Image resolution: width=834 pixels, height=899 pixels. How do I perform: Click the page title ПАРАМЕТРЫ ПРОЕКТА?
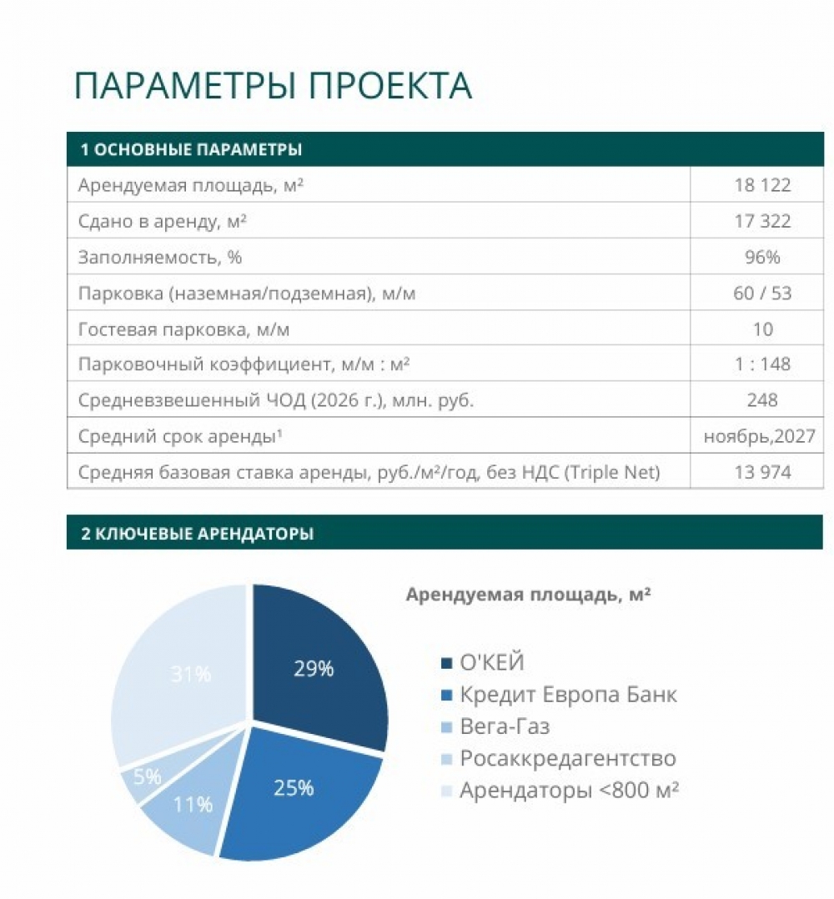tap(273, 87)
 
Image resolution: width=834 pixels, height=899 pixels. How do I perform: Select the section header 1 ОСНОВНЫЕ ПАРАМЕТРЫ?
tap(191, 150)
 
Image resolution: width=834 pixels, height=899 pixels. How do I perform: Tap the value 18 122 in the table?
tap(762, 185)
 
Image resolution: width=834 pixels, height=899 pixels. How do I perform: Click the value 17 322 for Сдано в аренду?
tap(762, 221)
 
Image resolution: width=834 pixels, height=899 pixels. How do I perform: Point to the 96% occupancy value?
tap(762, 257)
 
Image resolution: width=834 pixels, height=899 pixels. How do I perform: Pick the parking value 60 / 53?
tap(762, 293)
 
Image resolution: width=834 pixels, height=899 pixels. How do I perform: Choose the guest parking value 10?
tap(762, 329)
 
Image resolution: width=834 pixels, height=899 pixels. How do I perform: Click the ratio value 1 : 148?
tap(762, 364)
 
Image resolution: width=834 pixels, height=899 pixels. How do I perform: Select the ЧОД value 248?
tap(762, 400)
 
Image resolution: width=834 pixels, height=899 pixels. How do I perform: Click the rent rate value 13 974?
tap(762, 472)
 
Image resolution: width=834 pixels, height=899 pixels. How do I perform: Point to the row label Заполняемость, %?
tap(159, 257)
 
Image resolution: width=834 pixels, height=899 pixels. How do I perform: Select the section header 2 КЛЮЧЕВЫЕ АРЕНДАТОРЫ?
tap(197, 534)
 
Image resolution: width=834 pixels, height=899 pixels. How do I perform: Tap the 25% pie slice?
tap(294, 787)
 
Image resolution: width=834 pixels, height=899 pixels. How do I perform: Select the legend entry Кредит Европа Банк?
tap(568, 695)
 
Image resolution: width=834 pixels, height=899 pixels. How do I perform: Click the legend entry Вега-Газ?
tap(505, 726)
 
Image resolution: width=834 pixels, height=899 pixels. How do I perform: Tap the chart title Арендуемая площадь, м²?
tap(528, 595)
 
